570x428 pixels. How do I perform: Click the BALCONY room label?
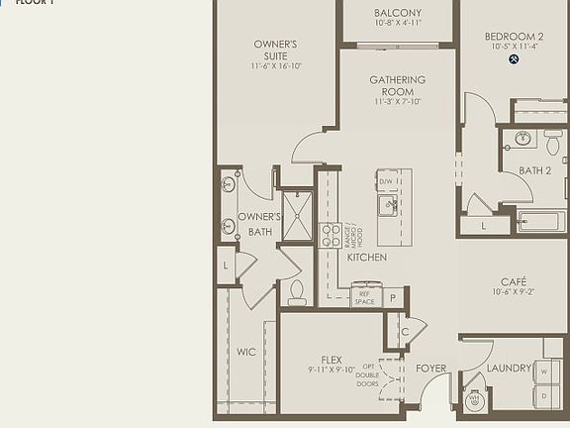point(398,13)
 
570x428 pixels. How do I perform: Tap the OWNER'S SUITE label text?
point(275,50)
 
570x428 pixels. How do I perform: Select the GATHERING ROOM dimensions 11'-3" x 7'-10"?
point(398,101)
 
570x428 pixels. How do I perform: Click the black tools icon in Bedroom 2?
point(514,59)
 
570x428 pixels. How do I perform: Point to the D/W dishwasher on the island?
point(387,181)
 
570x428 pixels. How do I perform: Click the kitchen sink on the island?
point(390,205)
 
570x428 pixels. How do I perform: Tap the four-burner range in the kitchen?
point(331,235)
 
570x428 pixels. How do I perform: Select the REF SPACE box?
point(365,297)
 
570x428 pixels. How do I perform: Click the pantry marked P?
point(393,297)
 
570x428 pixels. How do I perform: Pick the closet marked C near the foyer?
point(405,333)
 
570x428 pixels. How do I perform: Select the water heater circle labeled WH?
point(472,401)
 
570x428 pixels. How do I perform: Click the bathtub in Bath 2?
point(541,221)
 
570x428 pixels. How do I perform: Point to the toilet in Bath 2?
point(551,144)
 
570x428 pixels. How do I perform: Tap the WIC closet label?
point(246,352)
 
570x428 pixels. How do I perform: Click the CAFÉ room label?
point(513,281)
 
